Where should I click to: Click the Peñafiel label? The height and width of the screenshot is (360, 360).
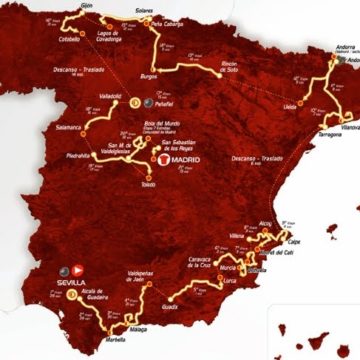166,102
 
